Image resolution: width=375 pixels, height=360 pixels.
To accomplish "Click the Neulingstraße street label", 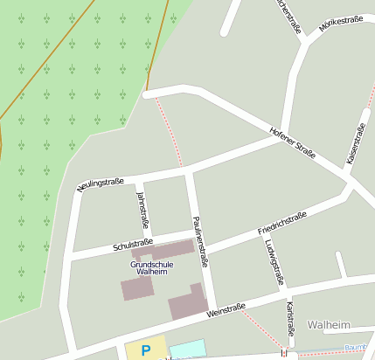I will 100,183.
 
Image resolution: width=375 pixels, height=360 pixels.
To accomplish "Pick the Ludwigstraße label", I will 275,262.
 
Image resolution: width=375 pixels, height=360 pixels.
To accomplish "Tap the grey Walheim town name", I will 328,325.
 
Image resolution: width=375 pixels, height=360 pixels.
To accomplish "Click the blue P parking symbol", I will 146,350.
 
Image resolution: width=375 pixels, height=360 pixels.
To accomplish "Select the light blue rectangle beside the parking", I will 187,349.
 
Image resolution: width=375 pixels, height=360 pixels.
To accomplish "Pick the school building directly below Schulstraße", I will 171,250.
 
